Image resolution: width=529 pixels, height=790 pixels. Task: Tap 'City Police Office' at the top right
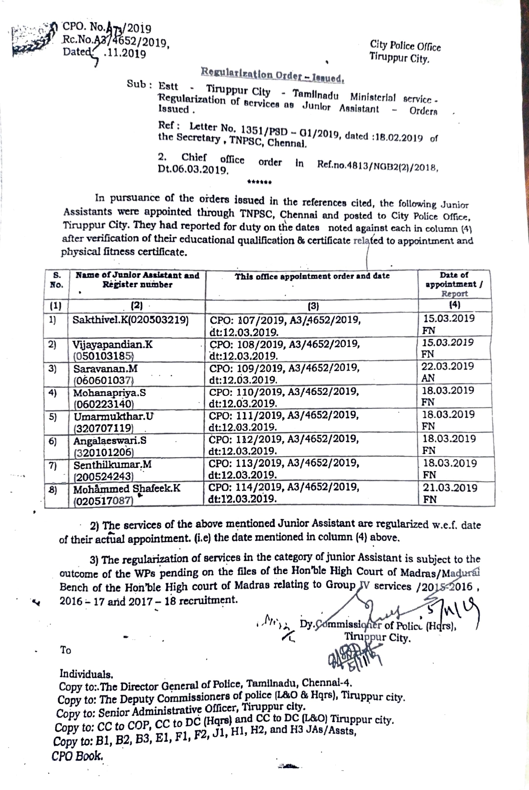405,46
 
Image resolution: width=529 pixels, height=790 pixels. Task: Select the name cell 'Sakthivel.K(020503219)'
131,319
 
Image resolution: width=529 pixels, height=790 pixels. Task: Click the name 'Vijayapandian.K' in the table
113,344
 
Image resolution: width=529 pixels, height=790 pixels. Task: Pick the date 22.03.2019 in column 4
448,366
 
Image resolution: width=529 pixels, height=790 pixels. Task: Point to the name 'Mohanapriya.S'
110,393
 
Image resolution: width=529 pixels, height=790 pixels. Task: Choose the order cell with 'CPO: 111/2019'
284,415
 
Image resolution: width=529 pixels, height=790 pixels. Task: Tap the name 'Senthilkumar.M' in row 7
113,464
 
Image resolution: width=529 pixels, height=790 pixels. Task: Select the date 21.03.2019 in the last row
450,488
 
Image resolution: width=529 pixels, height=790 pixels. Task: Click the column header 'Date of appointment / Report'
454,284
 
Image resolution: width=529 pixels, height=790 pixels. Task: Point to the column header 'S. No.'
56,280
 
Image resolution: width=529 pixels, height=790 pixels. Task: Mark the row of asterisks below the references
260,182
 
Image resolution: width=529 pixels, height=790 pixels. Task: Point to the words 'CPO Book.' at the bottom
77,756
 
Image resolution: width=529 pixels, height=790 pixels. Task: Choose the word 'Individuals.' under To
86,674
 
